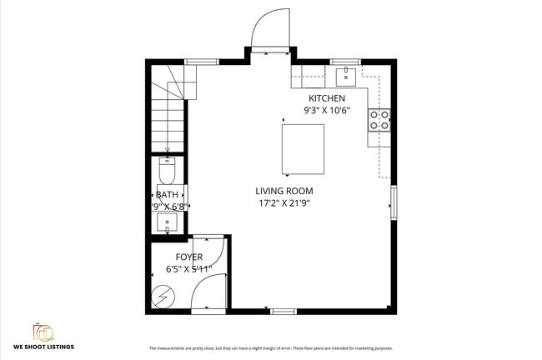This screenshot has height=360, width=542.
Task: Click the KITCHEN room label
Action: click(327, 98)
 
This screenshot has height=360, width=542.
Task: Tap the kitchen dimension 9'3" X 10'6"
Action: click(327, 109)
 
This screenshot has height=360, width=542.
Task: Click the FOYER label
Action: click(188, 257)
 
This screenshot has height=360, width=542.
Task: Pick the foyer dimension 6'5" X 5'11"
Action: click(188, 268)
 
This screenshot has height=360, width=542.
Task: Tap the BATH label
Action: click(167, 195)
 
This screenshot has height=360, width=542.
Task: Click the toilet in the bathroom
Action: click(166, 172)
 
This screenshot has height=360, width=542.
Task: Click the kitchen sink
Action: click(346, 77)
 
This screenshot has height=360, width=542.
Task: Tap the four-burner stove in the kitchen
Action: click(379, 120)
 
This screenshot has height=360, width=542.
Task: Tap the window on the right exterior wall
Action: click(394, 202)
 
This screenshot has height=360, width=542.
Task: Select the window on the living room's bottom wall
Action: click(284, 312)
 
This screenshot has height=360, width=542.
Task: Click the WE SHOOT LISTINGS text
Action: click(43, 347)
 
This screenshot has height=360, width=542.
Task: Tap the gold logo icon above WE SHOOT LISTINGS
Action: click(43, 331)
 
